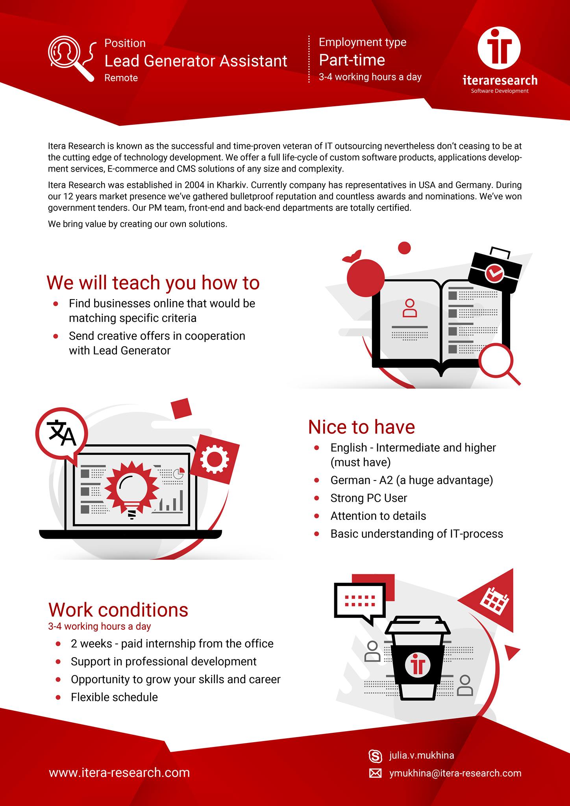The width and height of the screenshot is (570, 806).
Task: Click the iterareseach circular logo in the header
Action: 499,48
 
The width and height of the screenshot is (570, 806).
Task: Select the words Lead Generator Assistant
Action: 196,61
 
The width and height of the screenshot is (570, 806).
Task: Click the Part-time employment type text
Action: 352,60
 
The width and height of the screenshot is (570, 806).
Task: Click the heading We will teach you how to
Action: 153,283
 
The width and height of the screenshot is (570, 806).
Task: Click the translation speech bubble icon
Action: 61,434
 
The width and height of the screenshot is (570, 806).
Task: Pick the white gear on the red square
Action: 214,459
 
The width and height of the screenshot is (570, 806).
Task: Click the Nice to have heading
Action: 361,427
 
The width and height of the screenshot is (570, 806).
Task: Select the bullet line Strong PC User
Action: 368,498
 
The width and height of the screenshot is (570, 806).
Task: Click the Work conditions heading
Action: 118,610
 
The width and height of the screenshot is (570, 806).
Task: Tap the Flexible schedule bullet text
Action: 114,697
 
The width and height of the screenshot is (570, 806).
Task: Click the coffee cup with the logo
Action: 418,658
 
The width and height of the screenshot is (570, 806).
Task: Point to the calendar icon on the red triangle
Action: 495,601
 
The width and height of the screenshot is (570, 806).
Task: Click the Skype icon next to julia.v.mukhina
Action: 375,756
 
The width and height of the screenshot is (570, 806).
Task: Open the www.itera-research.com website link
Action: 119,773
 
